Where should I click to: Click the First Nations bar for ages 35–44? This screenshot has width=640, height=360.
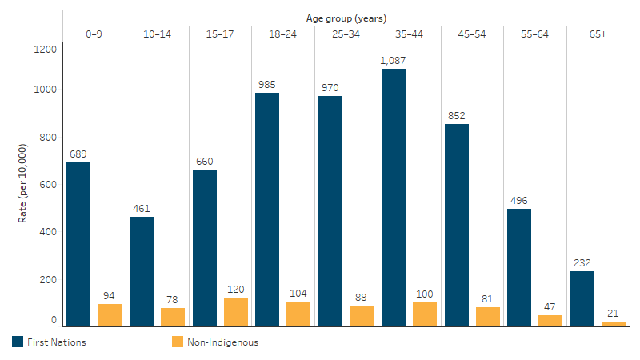point(393,198)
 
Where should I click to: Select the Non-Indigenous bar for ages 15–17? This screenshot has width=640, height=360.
point(236,312)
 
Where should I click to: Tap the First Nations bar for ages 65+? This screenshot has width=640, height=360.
point(582,298)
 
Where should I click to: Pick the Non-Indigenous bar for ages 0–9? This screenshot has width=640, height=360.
point(110,315)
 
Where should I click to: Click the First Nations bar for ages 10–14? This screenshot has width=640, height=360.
point(142,271)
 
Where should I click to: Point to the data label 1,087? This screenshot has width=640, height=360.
point(393,60)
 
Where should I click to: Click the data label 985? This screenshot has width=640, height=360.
point(267,84)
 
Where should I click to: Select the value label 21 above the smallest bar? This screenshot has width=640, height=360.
point(613,313)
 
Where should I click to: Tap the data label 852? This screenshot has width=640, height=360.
point(456,115)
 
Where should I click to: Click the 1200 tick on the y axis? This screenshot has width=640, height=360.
point(46,49)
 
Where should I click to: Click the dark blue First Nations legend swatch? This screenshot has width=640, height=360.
point(18,342)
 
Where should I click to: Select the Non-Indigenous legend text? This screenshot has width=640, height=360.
point(223,342)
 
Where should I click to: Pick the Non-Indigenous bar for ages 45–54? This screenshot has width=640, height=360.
point(487,317)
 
